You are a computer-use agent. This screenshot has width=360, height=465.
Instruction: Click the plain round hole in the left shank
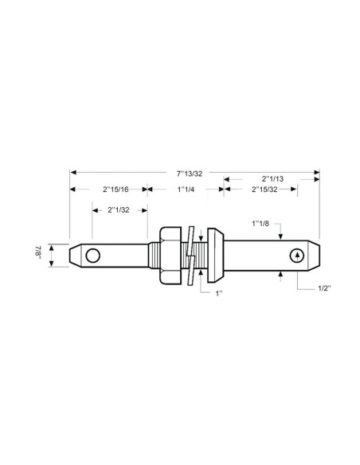pyautogui.click(x=93, y=255)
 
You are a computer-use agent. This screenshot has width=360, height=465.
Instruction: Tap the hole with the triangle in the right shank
pyautogui.click(x=296, y=255)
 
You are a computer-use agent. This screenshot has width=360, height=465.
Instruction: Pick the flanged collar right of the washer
pyautogui.click(x=215, y=255)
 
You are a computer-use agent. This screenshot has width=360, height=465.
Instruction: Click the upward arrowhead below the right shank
pyautogui.click(x=281, y=275)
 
